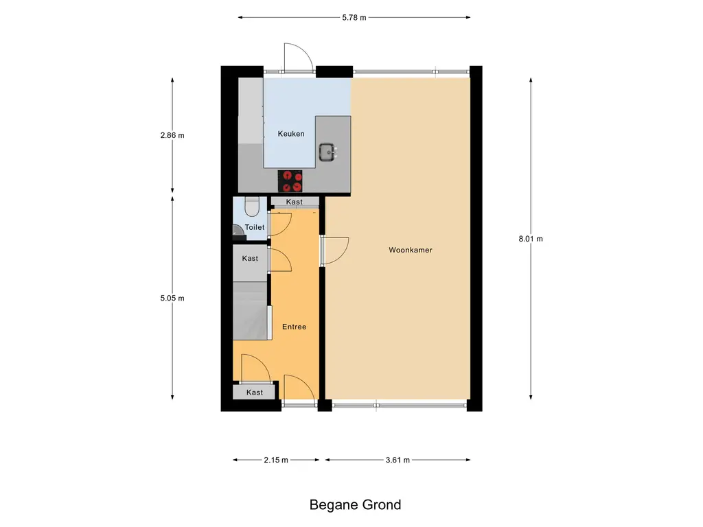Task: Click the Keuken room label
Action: (x=291, y=134)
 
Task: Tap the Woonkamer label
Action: (x=411, y=250)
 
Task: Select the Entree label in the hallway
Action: (x=294, y=327)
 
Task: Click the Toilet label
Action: (x=255, y=227)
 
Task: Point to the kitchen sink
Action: (x=327, y=152)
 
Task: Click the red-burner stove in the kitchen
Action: (x=290, y=181)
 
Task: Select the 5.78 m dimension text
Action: (x=354, y=17)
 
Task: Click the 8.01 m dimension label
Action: (x=531, y=239)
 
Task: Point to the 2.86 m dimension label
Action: (x=172, y=135)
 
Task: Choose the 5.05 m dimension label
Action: (x=172, y=298)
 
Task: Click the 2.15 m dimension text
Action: (x=276, y=460)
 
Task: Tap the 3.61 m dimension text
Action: (x=397, y=460)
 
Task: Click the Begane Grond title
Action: (x=355, y=504)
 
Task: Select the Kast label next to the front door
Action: (x=255, y=393)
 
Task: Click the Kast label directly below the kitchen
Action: (x=294, y=202)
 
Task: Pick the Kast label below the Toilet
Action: (x=250, y=258)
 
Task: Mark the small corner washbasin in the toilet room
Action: (x=237, y=231)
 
